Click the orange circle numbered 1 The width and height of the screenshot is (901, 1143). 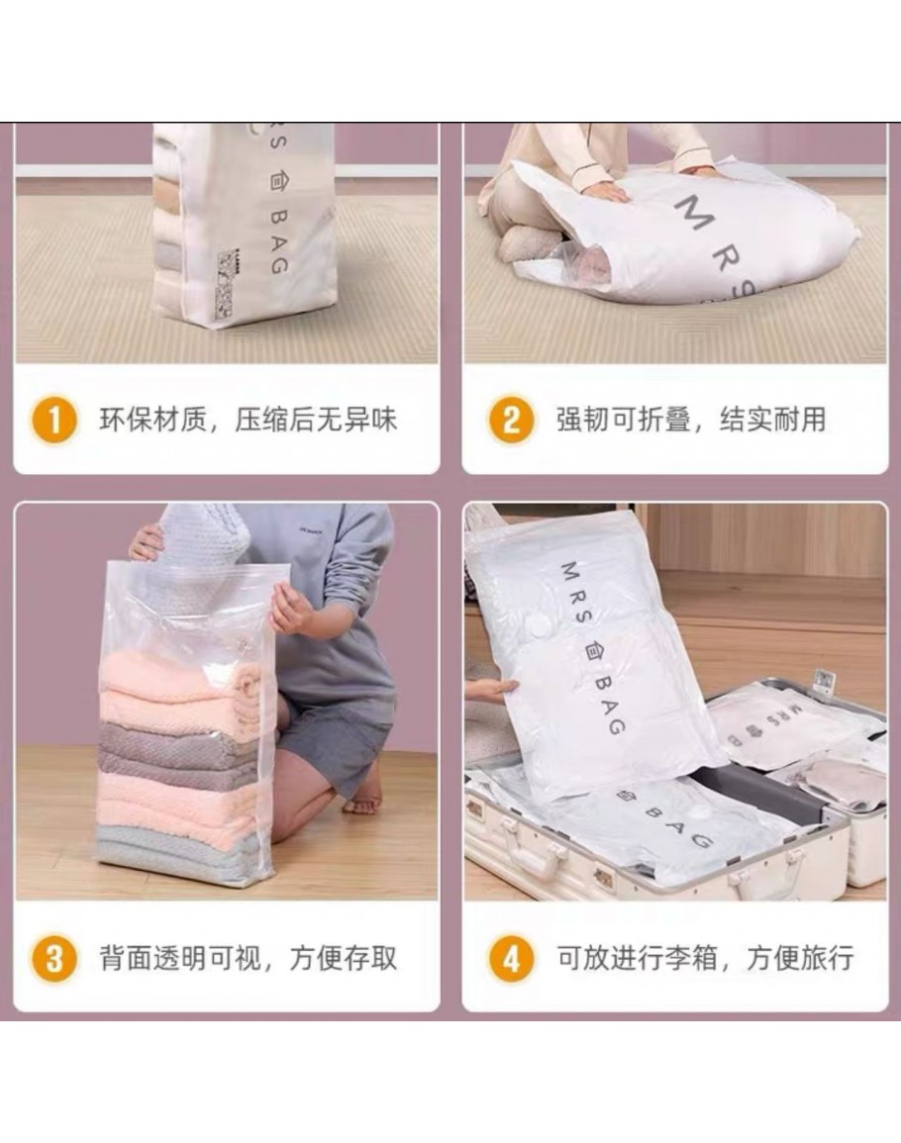click(x=54, y=420)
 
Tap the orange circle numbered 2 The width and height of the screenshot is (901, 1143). click(x=511, y=420)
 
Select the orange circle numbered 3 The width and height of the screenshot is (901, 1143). click(x=54, y=958)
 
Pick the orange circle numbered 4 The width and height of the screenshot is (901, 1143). click(x=511, y=958)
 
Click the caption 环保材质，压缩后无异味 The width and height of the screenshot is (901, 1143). click(x=249, y=420)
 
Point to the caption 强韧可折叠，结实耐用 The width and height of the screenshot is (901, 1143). click(x=692, y=420)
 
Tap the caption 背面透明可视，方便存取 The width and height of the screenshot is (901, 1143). click(x=249, y=958)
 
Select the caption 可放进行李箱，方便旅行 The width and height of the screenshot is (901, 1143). click(x=706, y=958)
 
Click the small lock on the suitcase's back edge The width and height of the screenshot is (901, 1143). click(x=823, y=682)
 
